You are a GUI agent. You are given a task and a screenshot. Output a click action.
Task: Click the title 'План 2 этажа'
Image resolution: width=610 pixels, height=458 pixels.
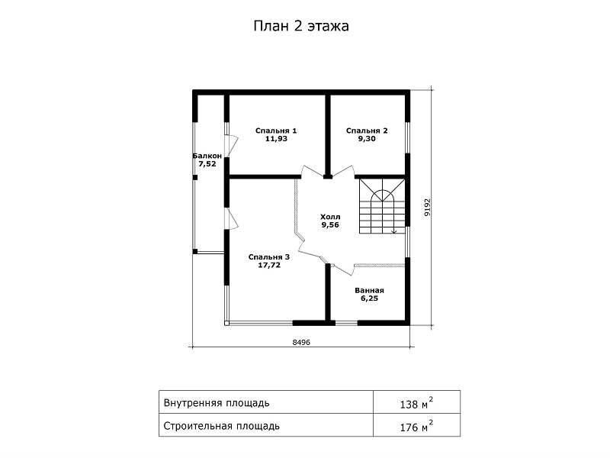coord(301,26)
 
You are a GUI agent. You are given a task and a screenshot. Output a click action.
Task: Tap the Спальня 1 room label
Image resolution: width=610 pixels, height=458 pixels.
coord(276,131)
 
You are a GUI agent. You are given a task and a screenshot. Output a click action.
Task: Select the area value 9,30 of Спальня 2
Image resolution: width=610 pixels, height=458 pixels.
coord(367,139)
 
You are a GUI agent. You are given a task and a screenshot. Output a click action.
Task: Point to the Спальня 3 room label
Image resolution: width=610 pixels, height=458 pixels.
coord(269,257)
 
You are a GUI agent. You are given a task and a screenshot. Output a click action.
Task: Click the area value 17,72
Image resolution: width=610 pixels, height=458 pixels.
coord(269,265)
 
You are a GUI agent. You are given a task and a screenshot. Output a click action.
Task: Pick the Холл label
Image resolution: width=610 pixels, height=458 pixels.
coord(330,217)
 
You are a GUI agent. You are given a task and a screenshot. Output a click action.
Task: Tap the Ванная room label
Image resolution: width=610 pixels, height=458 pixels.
coord(369,290)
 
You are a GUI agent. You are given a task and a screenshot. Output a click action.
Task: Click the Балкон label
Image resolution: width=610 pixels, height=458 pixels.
coord(207,156)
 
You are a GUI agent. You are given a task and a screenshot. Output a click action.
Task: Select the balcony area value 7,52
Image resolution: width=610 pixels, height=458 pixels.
coord(207,164)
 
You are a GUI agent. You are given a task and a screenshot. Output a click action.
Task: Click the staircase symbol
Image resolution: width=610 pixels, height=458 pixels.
coord(382,206)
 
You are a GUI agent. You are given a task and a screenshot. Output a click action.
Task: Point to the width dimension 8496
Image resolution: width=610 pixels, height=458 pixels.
coord(301,342)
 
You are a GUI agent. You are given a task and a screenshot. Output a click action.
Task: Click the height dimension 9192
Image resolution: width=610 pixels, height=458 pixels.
coord(428,207)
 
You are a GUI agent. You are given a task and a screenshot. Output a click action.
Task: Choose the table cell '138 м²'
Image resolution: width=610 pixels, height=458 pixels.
coord(416,403)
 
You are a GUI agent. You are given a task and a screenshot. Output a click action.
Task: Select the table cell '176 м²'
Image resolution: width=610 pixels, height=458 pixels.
coord(416,426)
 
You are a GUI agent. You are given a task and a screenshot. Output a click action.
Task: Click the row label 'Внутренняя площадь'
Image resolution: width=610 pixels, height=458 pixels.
coord(217,403)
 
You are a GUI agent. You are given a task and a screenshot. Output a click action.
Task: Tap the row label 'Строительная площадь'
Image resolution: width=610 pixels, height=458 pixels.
coord(222,426)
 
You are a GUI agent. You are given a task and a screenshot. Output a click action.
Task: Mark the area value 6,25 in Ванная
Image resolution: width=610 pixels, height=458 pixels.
coord(369,298)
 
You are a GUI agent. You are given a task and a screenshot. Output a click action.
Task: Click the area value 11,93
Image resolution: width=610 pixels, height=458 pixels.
coord(276,139)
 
